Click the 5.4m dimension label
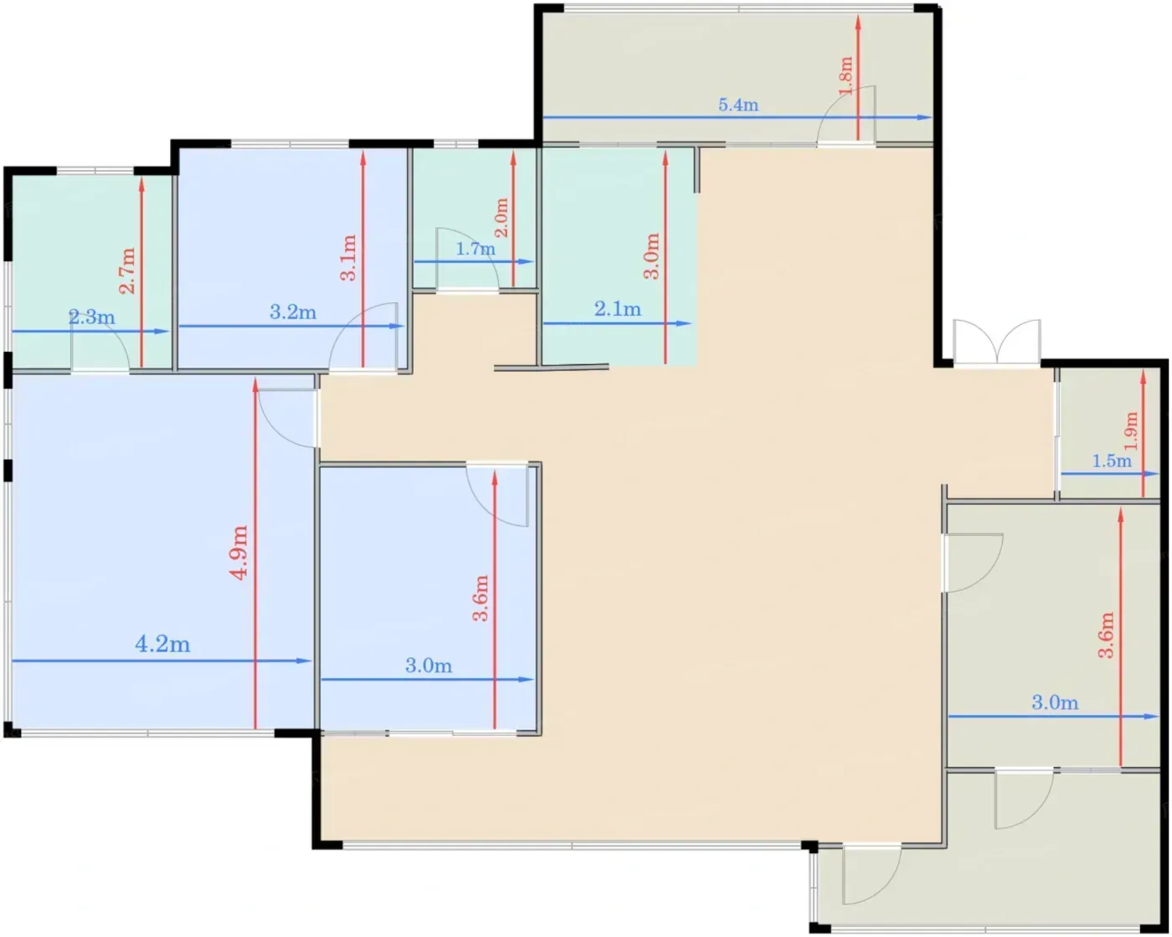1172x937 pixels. (738, 105)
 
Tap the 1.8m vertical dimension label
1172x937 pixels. (846, 76)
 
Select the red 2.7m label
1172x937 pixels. (127, 270)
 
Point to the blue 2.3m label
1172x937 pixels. (91, 317)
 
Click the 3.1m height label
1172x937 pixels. (348, 258)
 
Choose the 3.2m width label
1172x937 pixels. (293, 312)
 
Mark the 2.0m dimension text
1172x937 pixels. (501, 218)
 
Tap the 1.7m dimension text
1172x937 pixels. (475, 249)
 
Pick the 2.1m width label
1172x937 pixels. (618, 309)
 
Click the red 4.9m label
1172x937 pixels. (239, 553)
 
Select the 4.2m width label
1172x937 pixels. (162, 645)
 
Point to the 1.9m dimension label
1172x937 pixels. (1131, 431)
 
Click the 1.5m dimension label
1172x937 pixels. (1112, 461)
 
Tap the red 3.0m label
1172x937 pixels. (652, 256)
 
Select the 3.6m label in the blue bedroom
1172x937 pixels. (481, 598)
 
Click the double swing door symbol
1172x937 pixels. (997, 342)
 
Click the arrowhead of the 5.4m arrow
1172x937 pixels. (924, 117)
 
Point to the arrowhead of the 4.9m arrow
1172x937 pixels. (254, 385)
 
